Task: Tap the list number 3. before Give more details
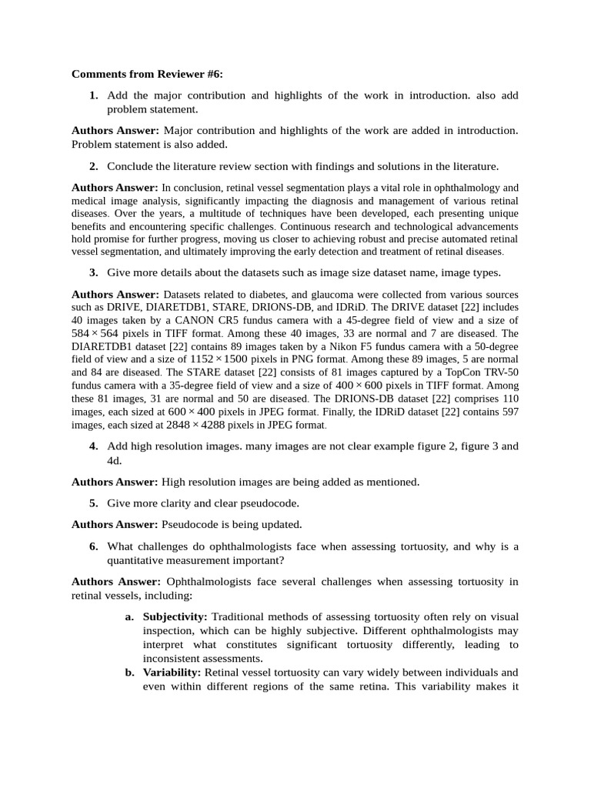(x=93, y=272)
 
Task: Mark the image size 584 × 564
(x=96, y=333)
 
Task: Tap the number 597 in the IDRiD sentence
(x=509, y=412)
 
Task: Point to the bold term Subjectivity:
(x=175, y=617)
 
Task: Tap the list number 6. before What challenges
(x=93, y=546)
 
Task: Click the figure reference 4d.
(x=114, y=460)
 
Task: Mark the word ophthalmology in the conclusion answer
(x=456, y=187)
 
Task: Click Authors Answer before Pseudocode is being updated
(x=115, y=525)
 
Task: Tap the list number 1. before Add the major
(x=93, y=95)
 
